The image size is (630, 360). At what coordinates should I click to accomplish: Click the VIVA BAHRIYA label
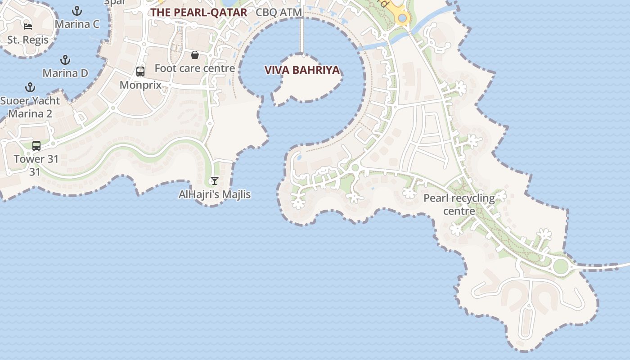302,70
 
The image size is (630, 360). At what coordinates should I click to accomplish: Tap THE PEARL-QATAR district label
198,12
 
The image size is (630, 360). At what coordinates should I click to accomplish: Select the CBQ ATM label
279,12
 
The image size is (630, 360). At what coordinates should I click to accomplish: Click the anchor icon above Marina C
77,10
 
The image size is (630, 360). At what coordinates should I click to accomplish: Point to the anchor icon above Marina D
65,59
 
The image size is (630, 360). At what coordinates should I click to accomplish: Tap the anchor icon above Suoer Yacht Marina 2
30,87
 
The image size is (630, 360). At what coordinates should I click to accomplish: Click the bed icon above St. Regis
28,26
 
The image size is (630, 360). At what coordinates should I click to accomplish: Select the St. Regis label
28,40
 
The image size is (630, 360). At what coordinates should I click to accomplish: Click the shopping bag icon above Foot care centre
195,55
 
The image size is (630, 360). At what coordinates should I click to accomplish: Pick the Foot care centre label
195,68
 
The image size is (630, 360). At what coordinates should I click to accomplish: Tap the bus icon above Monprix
140,71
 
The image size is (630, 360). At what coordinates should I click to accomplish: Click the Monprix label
140,85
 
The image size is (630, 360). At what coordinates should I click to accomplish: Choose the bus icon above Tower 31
36,145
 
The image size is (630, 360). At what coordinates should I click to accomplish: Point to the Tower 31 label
36,159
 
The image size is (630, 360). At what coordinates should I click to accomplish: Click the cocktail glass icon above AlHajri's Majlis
214,181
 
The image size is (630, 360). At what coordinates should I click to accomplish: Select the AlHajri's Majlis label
215,194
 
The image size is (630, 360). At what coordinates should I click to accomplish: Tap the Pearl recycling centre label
459,204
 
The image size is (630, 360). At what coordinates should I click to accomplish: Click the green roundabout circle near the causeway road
561,266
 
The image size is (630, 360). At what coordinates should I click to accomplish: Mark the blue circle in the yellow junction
402,18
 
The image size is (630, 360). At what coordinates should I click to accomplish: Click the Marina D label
65,73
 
